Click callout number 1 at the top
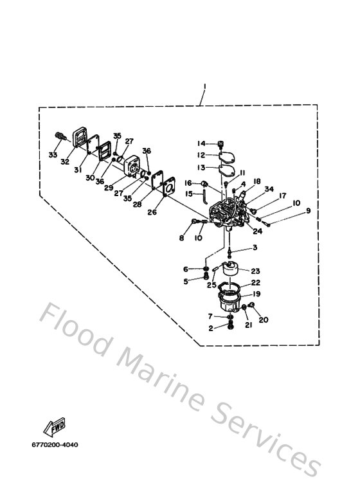(201, 86)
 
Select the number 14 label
(201, 143)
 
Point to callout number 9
(308, 210)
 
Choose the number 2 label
(211, 328)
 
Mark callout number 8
(182, 239)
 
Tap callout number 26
(152, 212)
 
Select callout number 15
(189, 194)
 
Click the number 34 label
(269, 189)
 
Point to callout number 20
(263, 319)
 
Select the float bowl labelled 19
(229, 298)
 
